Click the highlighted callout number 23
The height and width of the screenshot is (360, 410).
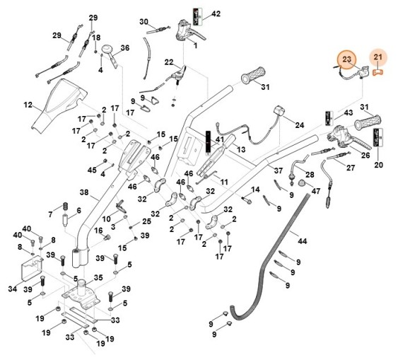click(346, 59)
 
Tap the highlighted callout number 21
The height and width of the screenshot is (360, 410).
click(377, 57)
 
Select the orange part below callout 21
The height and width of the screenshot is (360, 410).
click(377, 72)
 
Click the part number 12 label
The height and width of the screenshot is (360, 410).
click(28, 105)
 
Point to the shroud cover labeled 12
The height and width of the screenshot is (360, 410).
click(58, 104)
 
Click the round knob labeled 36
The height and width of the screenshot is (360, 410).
click(107, 49)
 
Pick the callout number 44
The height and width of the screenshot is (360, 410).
click(303, 240)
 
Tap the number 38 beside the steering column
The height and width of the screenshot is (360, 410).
click(84, 192)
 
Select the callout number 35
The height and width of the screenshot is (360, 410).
click(98, 277)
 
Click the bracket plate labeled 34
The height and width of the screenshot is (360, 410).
click(32, 268)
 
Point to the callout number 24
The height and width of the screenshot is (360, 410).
click(300, 125)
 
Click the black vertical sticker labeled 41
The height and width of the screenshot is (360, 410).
click(208, 141)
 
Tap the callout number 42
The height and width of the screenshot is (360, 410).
click(216, 13)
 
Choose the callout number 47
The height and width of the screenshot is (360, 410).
click(316, 191)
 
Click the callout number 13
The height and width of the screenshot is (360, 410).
click(241, 149)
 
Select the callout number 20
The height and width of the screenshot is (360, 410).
click(378, 165)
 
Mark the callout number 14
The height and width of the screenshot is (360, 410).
click(255, 190)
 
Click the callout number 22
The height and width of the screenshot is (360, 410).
click(169, 62)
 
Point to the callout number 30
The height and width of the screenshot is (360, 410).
click(143, 22)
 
